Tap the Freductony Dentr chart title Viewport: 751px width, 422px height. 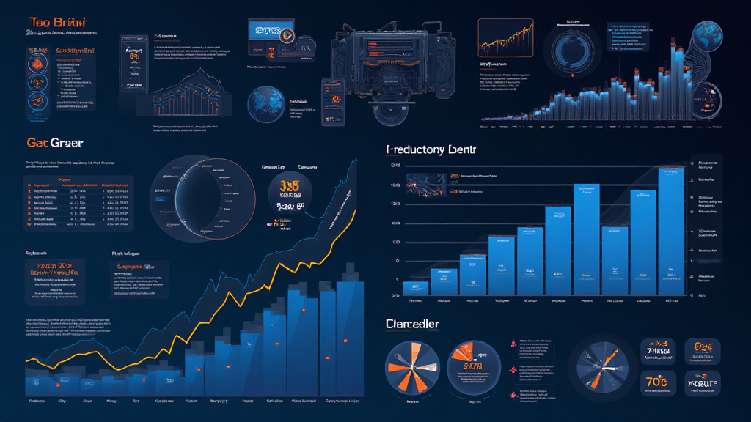pos(431,149)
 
